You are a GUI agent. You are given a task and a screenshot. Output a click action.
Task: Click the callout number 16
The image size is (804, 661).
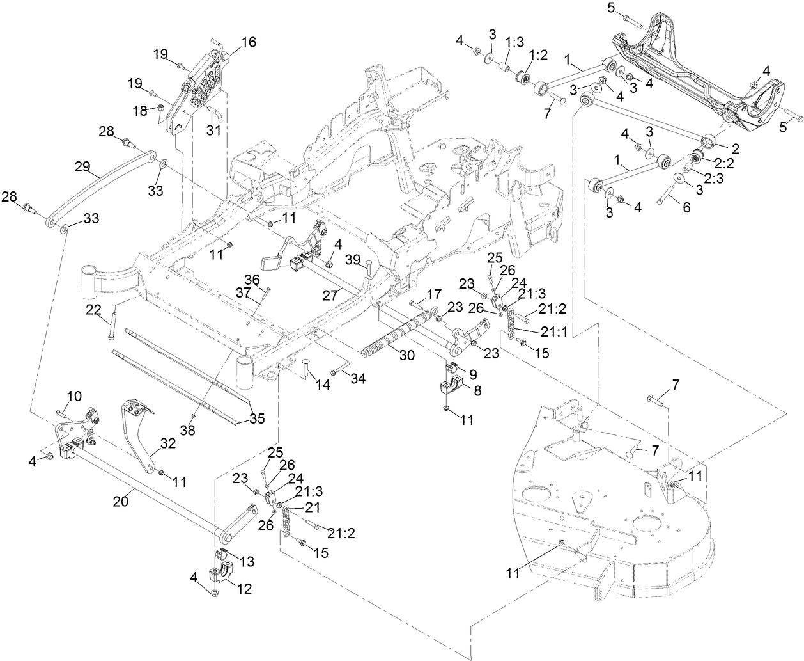247,43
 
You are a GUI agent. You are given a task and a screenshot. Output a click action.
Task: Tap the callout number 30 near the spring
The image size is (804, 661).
407,354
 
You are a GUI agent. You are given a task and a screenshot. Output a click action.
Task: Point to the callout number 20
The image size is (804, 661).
120,502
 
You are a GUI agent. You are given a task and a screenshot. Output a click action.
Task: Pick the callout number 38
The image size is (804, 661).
188,431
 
